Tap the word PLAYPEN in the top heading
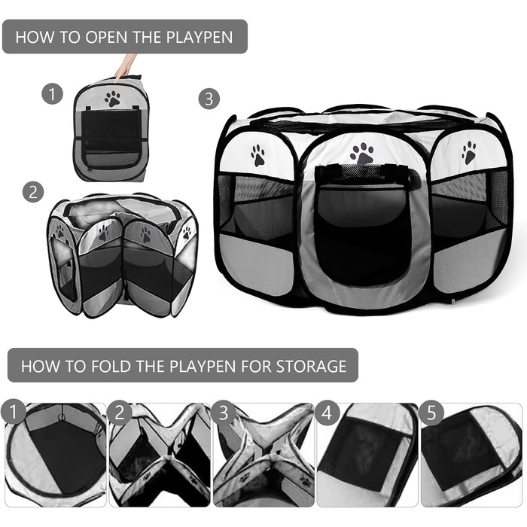200,37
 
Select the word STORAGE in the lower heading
311,366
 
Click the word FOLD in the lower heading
111,366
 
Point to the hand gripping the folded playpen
125,67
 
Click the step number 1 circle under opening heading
52,94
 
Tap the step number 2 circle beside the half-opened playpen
33,192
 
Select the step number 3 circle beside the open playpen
209,99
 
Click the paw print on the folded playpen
112,99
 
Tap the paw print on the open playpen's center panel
361,154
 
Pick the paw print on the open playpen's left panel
257,155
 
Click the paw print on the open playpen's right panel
469,152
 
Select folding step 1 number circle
13,411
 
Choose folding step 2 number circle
120,413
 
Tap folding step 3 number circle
223,413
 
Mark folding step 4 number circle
327,413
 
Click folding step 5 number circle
431,413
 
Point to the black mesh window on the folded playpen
111,131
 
